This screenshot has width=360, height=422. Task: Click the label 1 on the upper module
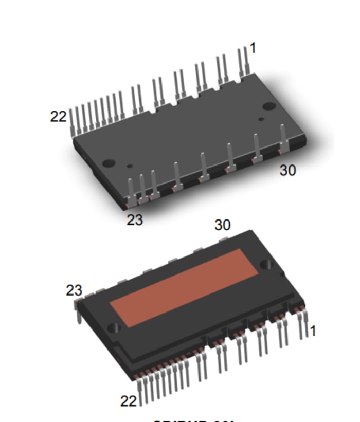coord(253,48)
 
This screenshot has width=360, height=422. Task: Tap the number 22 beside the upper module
coord(58,117)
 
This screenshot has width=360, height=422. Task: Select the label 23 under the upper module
coord(135,219)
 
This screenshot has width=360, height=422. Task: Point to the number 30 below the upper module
coord(287,171)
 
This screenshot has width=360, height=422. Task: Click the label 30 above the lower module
coord(222,225)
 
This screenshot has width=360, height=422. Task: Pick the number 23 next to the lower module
coord(74,290)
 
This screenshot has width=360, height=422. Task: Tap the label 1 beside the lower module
coord(312,331)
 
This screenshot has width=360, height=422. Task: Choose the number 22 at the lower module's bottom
coord(129,400)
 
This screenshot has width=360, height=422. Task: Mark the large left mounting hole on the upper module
coord(109,163)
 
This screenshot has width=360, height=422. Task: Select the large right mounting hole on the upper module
coord(269,106)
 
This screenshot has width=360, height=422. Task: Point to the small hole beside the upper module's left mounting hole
coord(130,166)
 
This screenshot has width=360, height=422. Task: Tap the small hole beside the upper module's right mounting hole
coord(261,119)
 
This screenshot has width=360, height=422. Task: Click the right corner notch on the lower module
coord(266,264)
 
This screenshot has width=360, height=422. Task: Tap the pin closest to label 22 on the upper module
coord(71,121)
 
